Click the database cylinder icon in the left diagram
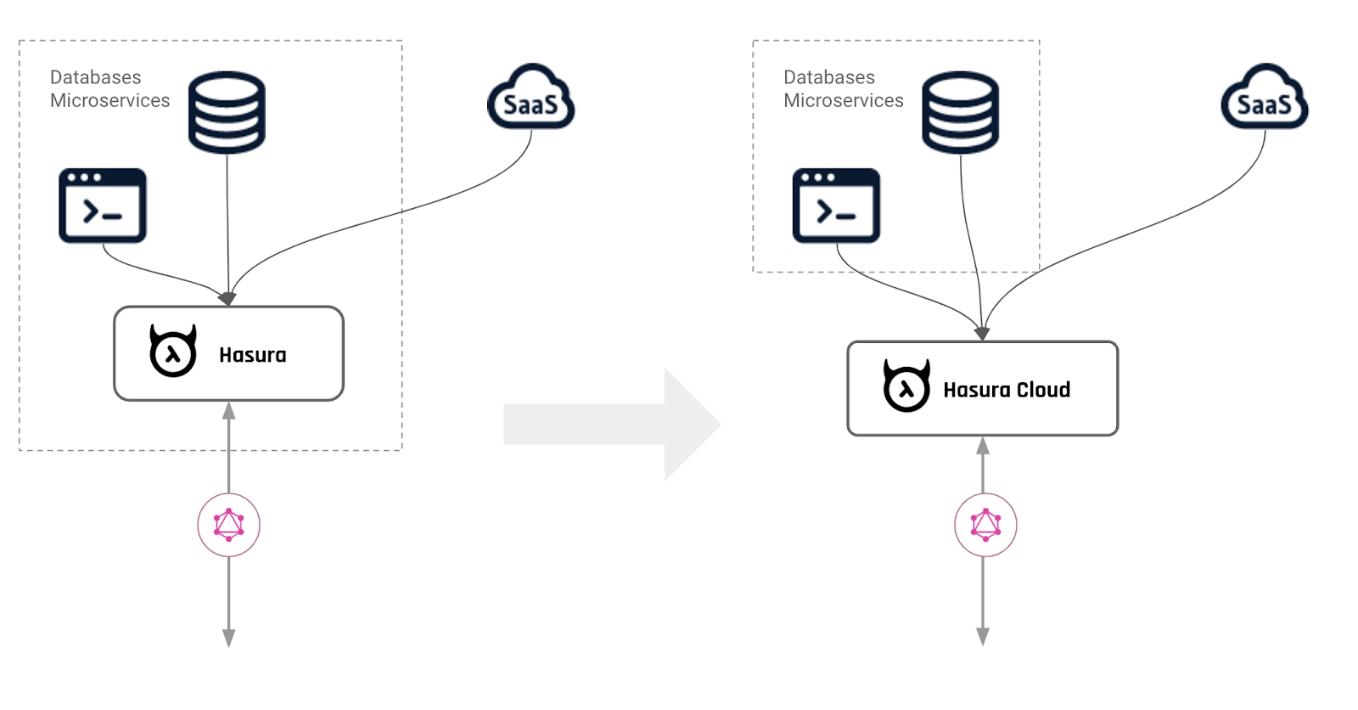pyautogui.click(x=227, y=112)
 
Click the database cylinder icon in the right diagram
pyautogui.click(x=960, y=112)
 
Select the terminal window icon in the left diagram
pyautogui.click(x=103, y=206)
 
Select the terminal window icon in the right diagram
pyautogui.click(x=836, y=206)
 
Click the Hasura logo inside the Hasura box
pyautogui.click(x=173, y=351)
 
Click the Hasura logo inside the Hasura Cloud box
pyautogui.click(x=906, y=386)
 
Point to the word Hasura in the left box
pyautogui.click(x=252, y=355)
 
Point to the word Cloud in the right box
pyautogui.click(x=1043, y=390)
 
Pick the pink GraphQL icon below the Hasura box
pyautogui.click(x=228, y=525)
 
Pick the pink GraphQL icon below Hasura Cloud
pyautogui.click(x=985, y=525)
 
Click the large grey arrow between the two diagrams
pyautogui.click(x=611, y=424)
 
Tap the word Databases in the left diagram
pyautogui.click(x=95, y=77)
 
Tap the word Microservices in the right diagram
pyautogui.click(x=843, y=100)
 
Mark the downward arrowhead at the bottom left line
pyautogui.click(x=228, y=638)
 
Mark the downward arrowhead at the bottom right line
pyautogui.click(x=983, y=637)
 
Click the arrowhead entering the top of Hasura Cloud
pyautogui.click(x=982, y=334)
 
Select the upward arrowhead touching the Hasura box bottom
pyautogui.click(x=228, y=411)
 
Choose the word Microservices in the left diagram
pyautogui.click(x=109, y=100)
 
